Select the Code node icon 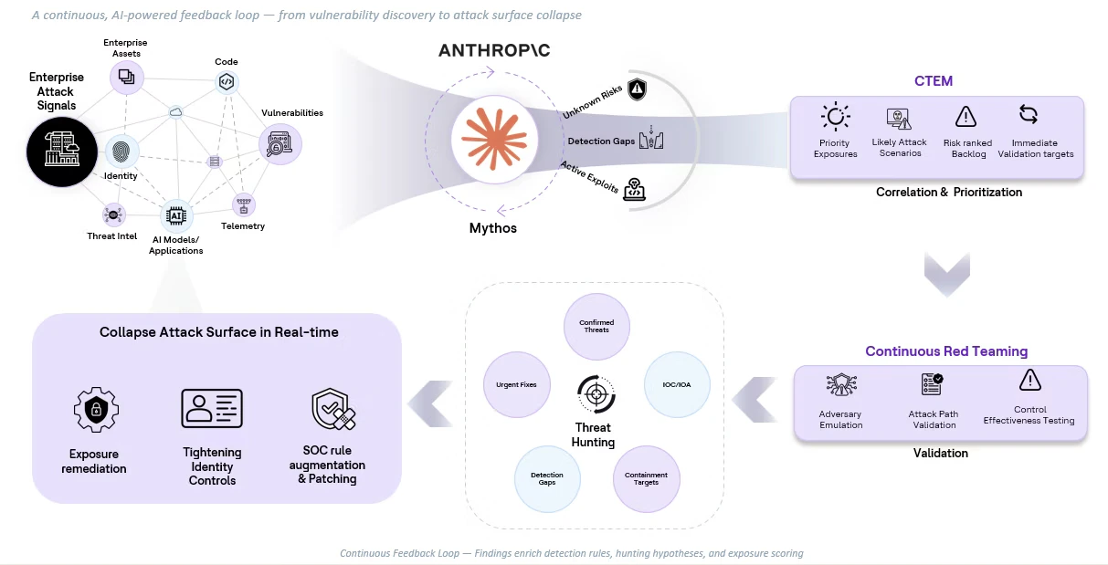pyautogui.click(x=227, y=82)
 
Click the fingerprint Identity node pyautogui.click(x=121, y=152)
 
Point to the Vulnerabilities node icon pyautogui.click(x=280, y=144)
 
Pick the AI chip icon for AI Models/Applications pyautogui.click(x=176, y=216)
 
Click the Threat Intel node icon pyautogui.click(x=113, y=214)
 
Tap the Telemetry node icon pyautogui.click(x=244, y=204)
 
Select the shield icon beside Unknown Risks pyautogui.click(x=637, y=89)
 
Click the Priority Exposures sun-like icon pyautogui.click(x=835, y=118)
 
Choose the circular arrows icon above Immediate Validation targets pyautogui.click(x=1029, y=115)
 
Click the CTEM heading pyautogui.click(x=934, y=80)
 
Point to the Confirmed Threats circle pyautogui.click(x=596, y=325)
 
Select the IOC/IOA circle pyautogui.click(x=677, y=384)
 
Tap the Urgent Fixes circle pyautogui.click(x=516, y=384)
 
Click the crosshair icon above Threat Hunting pyautogui.click(x=594, y=394)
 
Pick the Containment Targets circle pyautogui.click(x=646, y=477)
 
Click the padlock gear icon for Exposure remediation pyautogui.click(x=94, y=409)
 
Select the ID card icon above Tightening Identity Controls pyautogui.click(x=212, y=408)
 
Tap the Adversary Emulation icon pyautogui.click(x=840, y=384)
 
